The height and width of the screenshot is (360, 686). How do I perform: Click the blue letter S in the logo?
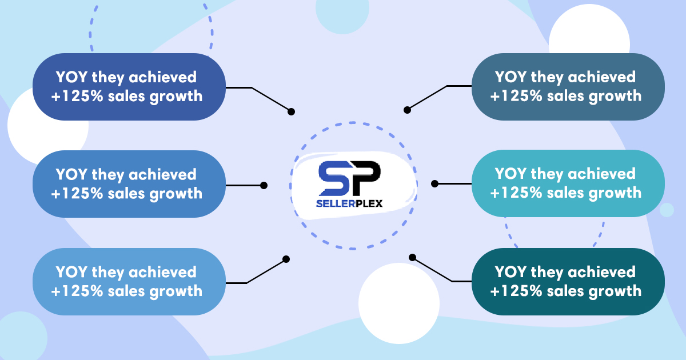click(x=334, y=178)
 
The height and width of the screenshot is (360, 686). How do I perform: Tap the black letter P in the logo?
click(x=366, y=178)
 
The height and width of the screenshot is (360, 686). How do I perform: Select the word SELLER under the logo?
click(x=332, y=203)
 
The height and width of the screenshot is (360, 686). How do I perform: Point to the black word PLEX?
click(x=365, y=203)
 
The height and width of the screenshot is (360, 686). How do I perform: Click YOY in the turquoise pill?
click(x=510, y=174)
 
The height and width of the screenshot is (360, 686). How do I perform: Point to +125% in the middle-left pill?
click(x=77, y=194)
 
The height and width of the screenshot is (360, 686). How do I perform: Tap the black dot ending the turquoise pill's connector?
click(x=434, y=183)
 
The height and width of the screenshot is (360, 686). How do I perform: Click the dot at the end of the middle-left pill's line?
click(x=264, y=185)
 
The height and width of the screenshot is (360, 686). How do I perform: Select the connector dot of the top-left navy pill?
click(x=291, y=112)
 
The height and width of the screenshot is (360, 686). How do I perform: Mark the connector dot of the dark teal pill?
click(x=413, y=258)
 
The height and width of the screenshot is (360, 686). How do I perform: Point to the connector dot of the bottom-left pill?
click(x=286, y=259)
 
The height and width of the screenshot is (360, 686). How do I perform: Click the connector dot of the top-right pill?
click(x=407, y=110)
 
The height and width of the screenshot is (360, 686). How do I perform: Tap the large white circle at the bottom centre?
click(x=399, y=303)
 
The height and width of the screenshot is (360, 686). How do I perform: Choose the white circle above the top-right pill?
click(x=589, y=29)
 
